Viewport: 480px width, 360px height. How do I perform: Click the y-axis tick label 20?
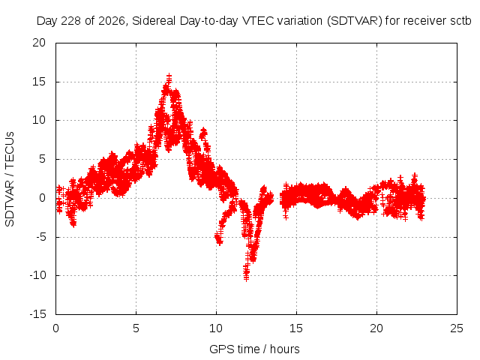click(x=39, y=43)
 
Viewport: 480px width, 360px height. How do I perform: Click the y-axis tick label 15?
click(x=39, y=82)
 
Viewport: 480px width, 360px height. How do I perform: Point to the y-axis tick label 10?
click(x=39, y=120)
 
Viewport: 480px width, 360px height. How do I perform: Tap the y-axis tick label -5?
click(x=39, y=237)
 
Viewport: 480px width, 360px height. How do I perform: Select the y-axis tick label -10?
click(x=37, y=275)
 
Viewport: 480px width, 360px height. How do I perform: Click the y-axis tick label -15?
click(x=37, y=314)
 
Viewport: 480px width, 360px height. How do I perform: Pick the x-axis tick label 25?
click(x=457, y=328)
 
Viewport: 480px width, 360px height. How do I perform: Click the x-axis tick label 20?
click(x=376, y=328)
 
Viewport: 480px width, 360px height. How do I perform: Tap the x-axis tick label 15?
click(x=296, y=328)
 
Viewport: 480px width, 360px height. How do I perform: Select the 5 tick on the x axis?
click(x=136, y=328)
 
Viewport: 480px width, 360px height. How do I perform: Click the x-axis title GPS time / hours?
click(x=254, y=349)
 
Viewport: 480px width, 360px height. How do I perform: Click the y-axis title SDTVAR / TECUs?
click(x=10, y=179)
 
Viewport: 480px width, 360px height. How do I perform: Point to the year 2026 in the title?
click(x=112, y=21)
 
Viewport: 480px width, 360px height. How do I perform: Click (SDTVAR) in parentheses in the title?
click(x=355, y=21)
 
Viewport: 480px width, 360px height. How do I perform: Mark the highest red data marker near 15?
click(x=169, y=76)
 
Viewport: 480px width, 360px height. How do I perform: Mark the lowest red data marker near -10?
click(x=247, y=278)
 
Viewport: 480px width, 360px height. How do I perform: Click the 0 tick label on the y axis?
click(x=42, y=198)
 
